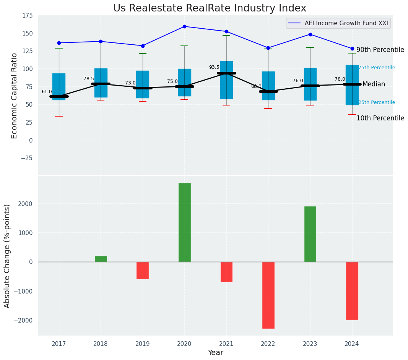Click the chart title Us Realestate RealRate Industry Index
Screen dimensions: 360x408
[210, 8]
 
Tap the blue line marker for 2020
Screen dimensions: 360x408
[184, 26]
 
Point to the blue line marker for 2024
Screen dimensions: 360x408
[352, 49]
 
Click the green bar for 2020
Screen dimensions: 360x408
[184, 222]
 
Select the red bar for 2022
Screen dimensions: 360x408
[268, 295]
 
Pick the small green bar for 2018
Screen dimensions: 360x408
[101, 259]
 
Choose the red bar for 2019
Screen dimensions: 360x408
[143, 270]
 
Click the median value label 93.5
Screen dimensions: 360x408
[214, 67]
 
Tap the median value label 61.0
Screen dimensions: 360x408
[47, 92]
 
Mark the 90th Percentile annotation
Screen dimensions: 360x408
[380, 50]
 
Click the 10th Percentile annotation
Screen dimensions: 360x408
[380, 118]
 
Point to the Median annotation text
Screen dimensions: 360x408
[374, 84]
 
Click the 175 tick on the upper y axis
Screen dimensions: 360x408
[28, 16]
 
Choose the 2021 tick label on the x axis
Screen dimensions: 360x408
[226, 344]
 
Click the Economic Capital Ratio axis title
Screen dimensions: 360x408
[15, 96]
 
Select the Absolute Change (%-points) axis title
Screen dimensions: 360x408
[7, 256]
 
